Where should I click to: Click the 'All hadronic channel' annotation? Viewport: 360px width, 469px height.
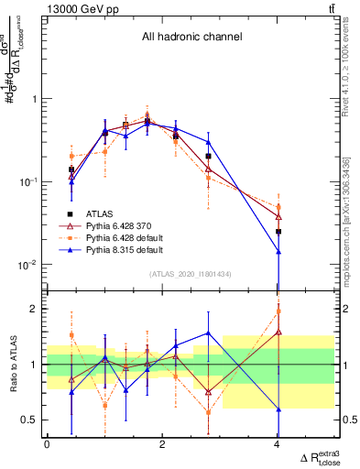[191, 38]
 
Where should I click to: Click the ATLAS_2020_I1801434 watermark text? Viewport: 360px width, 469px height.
[191, 274]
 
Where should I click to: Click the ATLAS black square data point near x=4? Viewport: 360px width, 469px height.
[278, 232]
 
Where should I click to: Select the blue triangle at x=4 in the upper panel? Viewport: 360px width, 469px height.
[278, 251]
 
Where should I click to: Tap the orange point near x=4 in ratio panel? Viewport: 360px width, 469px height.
[278, 311]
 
